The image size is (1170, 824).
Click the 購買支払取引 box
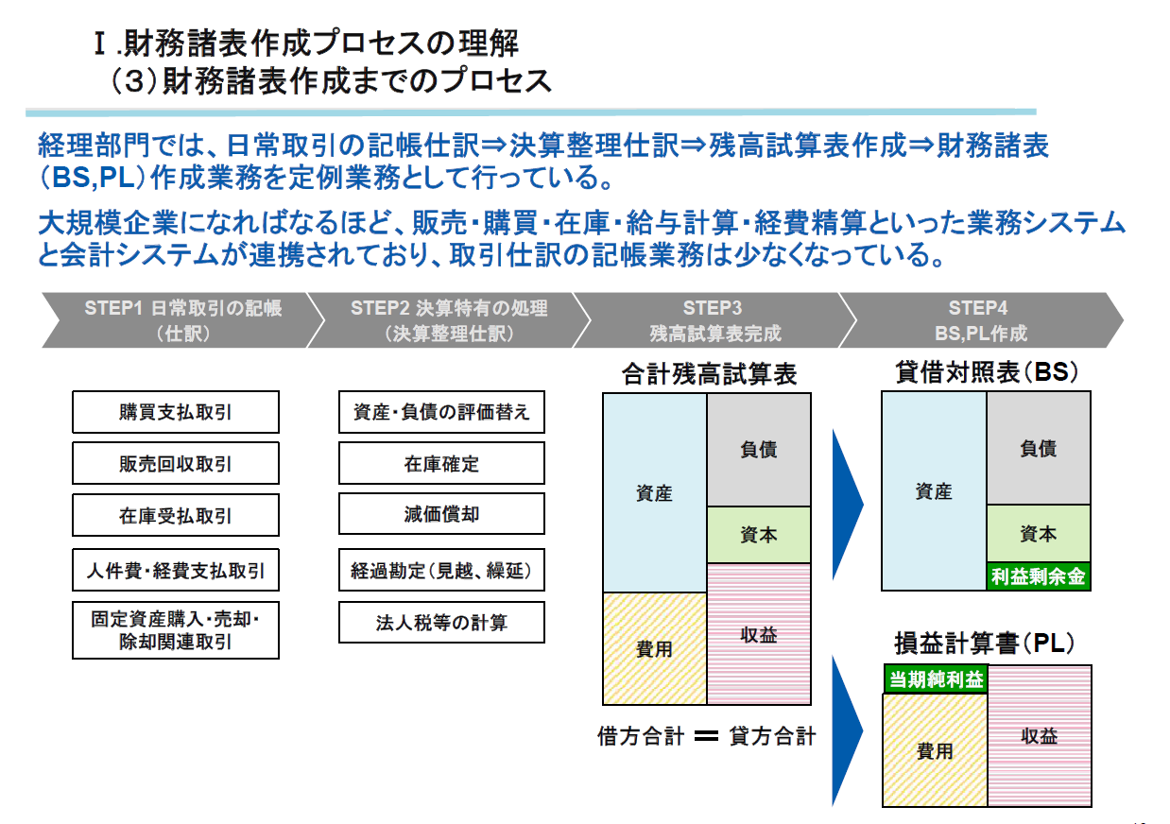click(x=176, y=412)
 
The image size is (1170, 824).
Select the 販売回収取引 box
click(x=176, y=463)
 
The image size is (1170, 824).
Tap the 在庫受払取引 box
click(x=176, y=515)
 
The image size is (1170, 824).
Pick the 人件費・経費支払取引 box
click(x=176, y=571)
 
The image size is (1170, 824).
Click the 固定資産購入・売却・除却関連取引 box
click(x=176, y=630)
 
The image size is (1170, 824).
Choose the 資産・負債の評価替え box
click(x=441, y=412)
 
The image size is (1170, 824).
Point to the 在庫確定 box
click(x=441, y=463)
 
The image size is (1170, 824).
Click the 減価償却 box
click(x=441, y=514)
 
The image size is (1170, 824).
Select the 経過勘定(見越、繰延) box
click(x=441, y=571)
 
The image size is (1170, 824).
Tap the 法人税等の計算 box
click(x=441, y=623)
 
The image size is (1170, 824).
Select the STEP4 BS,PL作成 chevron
click(x=978, y=320)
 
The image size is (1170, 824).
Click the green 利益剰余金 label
click(x=1038, y=575)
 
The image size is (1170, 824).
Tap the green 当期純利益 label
click(x=935, y=679)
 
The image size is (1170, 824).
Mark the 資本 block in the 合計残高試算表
click(x=758, y=535)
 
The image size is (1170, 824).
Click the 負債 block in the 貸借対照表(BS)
click(x=1038, y=449)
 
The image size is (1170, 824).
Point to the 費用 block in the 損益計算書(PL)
click(x=935, y=751)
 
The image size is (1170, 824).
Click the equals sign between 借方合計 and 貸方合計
click(x=706, y=736)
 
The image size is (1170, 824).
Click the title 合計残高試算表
click(x=709, y=374)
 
